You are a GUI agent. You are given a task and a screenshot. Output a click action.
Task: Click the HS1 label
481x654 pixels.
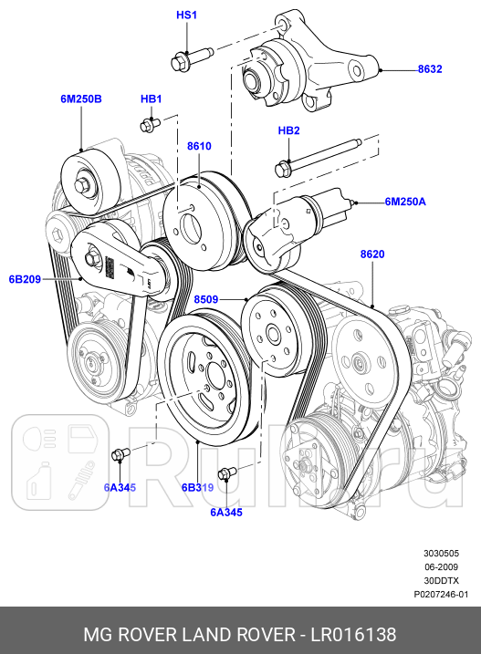coord(187,16)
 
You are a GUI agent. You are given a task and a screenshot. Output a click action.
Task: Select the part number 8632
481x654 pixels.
coord(430,68)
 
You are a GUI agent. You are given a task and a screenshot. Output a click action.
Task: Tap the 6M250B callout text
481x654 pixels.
coord(81,99)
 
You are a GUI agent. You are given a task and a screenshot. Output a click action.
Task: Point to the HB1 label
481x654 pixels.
coord(151,99)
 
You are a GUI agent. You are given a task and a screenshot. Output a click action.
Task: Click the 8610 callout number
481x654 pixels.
coord(199,146)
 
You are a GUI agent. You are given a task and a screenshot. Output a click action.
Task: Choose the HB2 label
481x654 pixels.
coord(288,131)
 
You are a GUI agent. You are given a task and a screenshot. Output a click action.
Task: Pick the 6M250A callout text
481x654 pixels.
coord(405,201)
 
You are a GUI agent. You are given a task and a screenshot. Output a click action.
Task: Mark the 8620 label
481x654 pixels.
coord(372,254)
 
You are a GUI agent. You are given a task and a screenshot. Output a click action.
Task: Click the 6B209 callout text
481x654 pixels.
coord(26,279)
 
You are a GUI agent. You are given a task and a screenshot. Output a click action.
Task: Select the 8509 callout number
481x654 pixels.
coord(207,297)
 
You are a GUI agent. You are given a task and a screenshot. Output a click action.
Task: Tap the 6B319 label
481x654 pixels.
coord(197,488)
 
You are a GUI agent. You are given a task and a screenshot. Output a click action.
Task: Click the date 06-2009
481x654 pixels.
coord(441,566)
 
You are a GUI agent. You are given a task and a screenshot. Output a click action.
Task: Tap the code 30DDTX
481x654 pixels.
coord(441,580)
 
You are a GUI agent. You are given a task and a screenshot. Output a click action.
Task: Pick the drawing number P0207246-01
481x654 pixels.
coord(441,594)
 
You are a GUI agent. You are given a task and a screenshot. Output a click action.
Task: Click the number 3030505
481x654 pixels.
coord(441,553)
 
